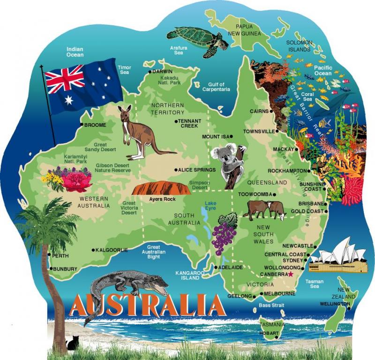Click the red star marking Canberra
pyautogui.click(x=291, y=274)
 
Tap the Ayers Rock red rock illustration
pyautogui.click(x=161, y=188)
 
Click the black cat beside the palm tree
pyautogui.click(x=72, y=343)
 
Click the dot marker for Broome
pyautogui.click(x=82, y=125)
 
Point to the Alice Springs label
pyautogui.click(x=197, y=170)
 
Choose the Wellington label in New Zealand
pyautogui.click(x=334, y=304)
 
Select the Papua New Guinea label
pyautogui.click(x=244, y=30)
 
